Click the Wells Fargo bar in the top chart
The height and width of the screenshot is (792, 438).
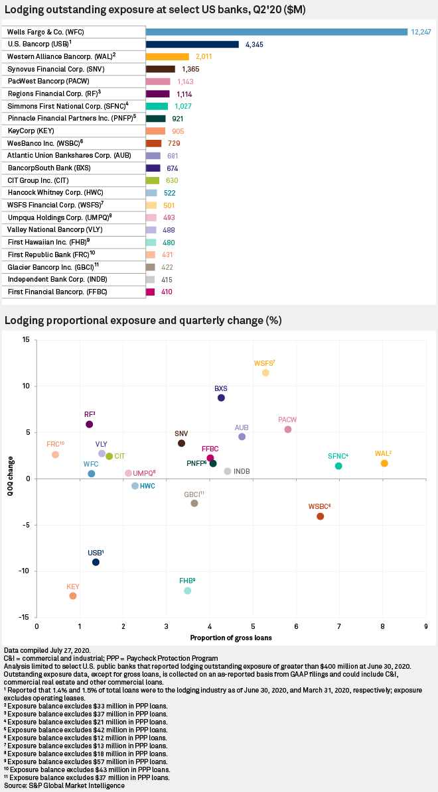click(x=276, y=32)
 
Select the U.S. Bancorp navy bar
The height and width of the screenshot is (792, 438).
click(x=192, y=44)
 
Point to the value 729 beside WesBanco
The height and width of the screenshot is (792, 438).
click(x=172, y=143)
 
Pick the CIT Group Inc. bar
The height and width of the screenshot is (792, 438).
click(x=153, y=180)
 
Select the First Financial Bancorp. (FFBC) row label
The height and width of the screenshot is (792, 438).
click(x=47, y=292)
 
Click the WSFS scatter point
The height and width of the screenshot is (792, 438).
click(x=265, y=372)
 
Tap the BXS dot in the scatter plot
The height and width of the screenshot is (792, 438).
click(x=221, y=398)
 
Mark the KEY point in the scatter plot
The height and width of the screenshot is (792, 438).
click(x=73, y=596)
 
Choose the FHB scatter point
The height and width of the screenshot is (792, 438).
click(x=187, y=591)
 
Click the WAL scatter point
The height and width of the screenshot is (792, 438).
click(x=384, y=463)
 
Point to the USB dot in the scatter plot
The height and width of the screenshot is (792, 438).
click(x=96, y=562)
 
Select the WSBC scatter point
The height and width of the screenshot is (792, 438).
click(x=321, y=516)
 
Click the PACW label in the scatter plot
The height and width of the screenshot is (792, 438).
click(x=287, y=420)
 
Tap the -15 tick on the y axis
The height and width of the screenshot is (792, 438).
click(x=25, y=617)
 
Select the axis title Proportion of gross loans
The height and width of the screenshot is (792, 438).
click(x=231, y=638)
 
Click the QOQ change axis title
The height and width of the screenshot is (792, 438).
click(x=9, y=479)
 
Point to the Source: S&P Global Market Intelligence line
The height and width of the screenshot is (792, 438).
click(x=64, y=785)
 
